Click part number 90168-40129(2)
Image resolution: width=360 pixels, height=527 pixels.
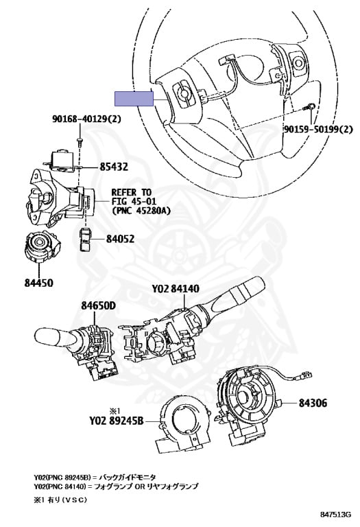[x=86, y=119]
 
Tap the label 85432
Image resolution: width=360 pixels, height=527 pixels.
[x=114, y=167]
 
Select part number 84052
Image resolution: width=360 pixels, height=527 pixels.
[x=120, y=239]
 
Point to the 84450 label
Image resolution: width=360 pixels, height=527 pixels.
[x=38, y=283]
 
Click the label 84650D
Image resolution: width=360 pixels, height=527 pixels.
[x=98, y=305]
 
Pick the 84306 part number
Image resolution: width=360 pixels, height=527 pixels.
[x=313, y=403]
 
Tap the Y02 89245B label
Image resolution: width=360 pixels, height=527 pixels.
[x=116, y=421]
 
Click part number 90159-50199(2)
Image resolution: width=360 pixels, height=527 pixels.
[x=318, y=129]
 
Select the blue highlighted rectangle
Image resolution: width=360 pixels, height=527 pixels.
[x=134, y=99]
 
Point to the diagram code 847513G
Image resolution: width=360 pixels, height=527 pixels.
[x=335, y=515]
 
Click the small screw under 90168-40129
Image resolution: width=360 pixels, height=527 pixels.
[x=80, y=141]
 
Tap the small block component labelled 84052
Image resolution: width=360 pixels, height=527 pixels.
[x=85, y=239]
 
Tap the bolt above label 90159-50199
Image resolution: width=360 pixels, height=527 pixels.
[x=309, y=108]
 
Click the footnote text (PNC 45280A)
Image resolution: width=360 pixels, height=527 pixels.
[x=141, y=211]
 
